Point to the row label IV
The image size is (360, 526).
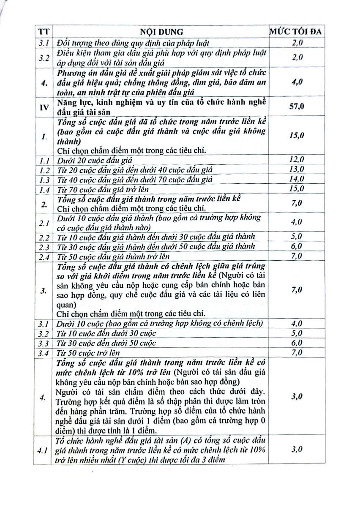coord(44,106)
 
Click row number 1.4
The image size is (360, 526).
coord(44,189)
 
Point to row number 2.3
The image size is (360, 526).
coord(44,247)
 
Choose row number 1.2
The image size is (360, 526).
coord(44,169)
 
